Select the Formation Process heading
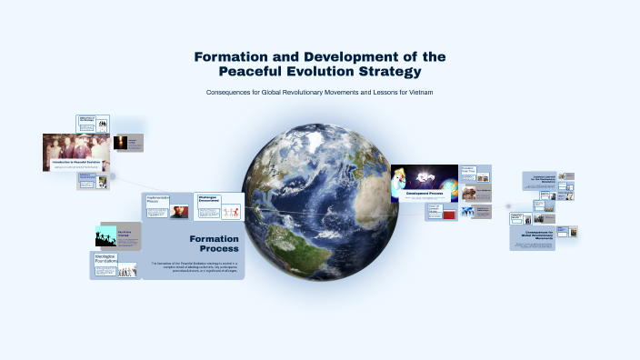click(x=214, y=244)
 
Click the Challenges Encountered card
click(x=219, y=207)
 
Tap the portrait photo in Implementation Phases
click(x=179, y=212)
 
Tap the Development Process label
click(x=424, y=195)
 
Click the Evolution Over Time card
click(x=468, y=171)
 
